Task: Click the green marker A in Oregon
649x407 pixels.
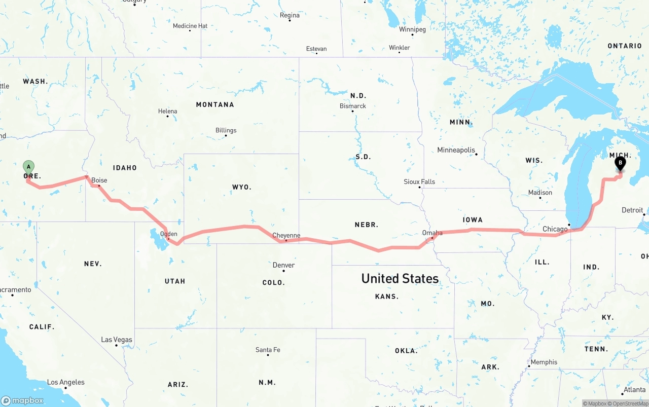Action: (29, 166)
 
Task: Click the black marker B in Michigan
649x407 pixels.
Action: (620, 163)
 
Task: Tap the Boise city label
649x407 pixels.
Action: (99, 180)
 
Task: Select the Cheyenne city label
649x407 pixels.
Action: (286, 236)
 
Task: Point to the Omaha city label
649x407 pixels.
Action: (432, 233)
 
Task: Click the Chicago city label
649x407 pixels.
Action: (555, 229)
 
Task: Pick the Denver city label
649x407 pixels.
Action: (283, 265)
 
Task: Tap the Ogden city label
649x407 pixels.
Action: (168, 234)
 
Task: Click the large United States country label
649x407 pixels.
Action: (400, 278)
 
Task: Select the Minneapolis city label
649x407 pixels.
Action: (456, 150)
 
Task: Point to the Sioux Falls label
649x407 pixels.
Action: (419, 181)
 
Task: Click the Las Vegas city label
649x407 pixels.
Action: (117, 340)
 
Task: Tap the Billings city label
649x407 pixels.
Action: (226, 130)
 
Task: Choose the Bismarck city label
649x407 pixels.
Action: (353, 106)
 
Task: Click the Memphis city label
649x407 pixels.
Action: (544, 362)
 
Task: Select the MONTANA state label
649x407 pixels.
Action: (215, 104)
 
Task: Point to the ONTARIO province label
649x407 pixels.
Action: (625, 46)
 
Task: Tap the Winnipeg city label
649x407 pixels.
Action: (412, 29)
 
